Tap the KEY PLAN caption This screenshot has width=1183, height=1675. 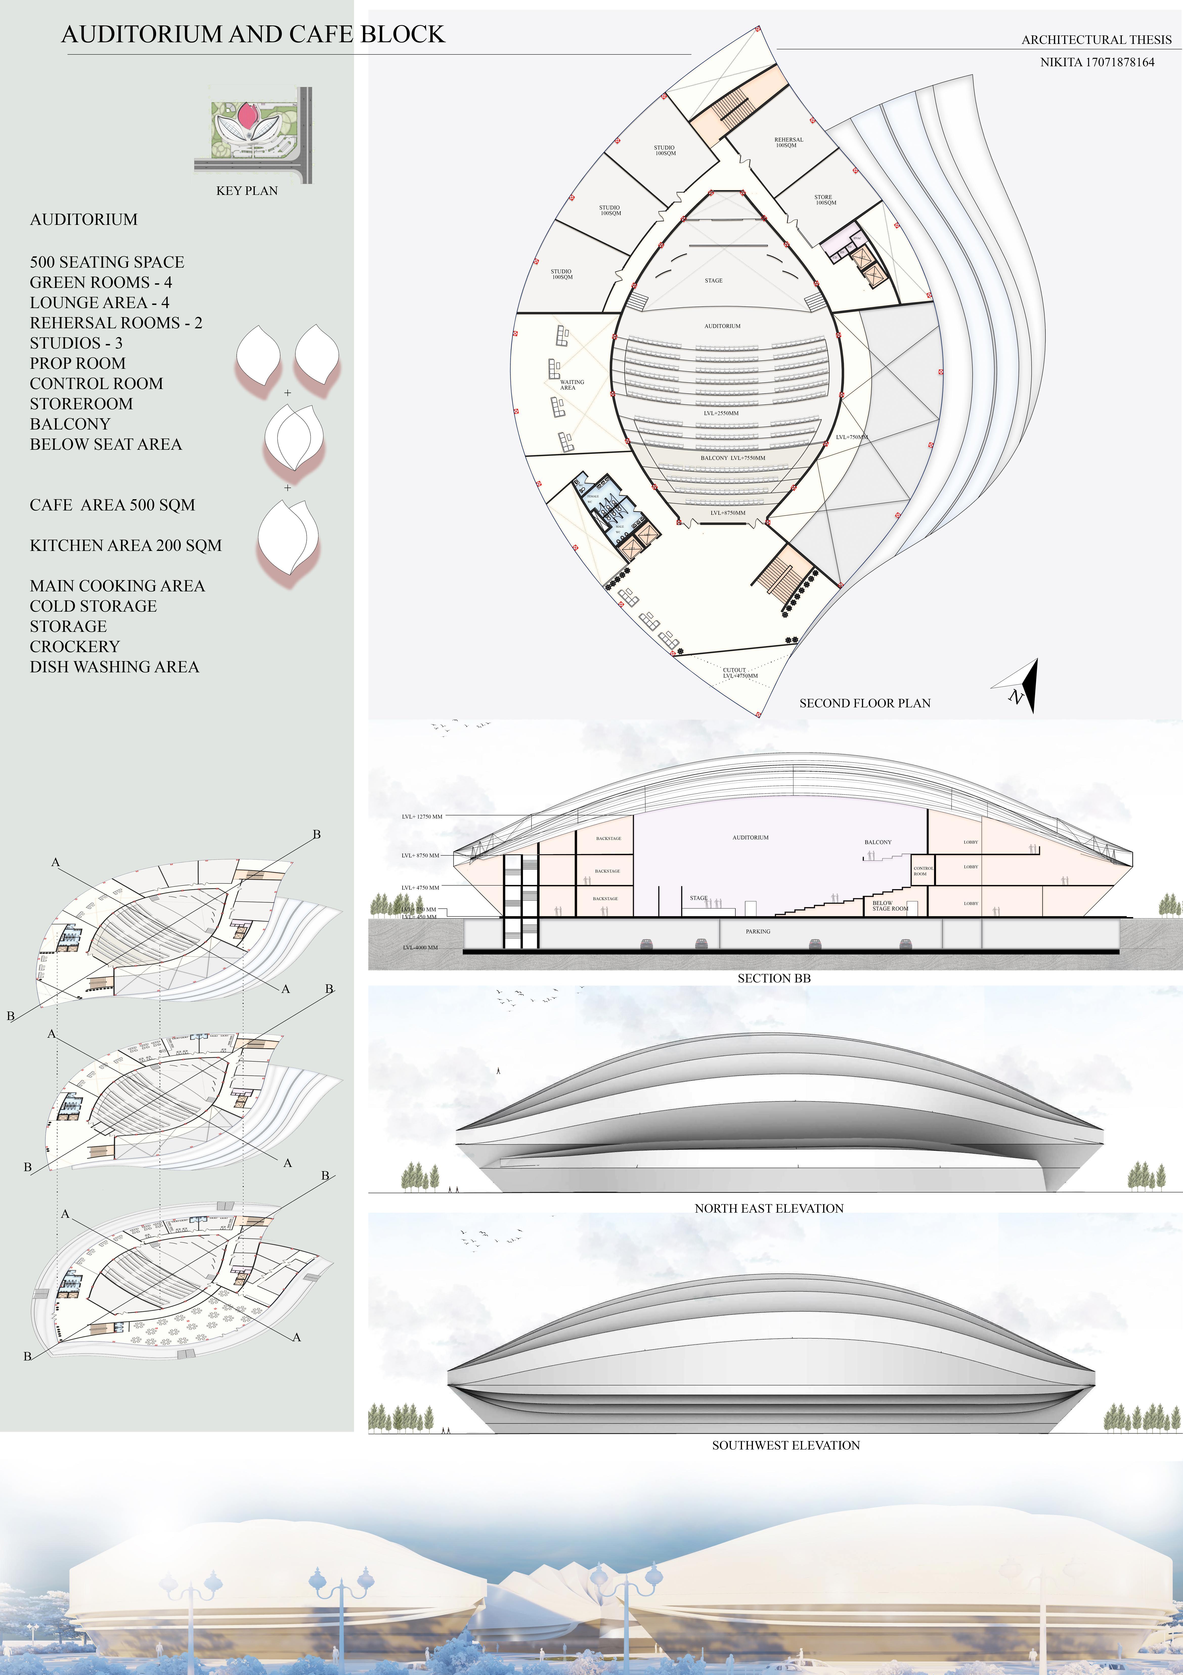pyautogui.click(x=247, y=190)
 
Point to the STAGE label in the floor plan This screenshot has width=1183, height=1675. pyautogui.click(x=713, y=280)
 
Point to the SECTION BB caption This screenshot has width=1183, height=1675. pyautogui.click(x=774, y=978)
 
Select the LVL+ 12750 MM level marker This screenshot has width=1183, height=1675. pyautogui.click(x=422, y=816)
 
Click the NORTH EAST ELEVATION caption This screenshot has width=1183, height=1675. pyautogui.click(x=769, y=1208)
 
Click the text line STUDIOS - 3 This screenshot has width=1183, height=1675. pyautogui.click(x=76, y=343)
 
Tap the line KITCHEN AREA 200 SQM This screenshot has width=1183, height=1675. pyautogui.click(x=125, y=546)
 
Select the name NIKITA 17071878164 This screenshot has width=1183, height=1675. pyautogui.click(x=1097, y=62)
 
